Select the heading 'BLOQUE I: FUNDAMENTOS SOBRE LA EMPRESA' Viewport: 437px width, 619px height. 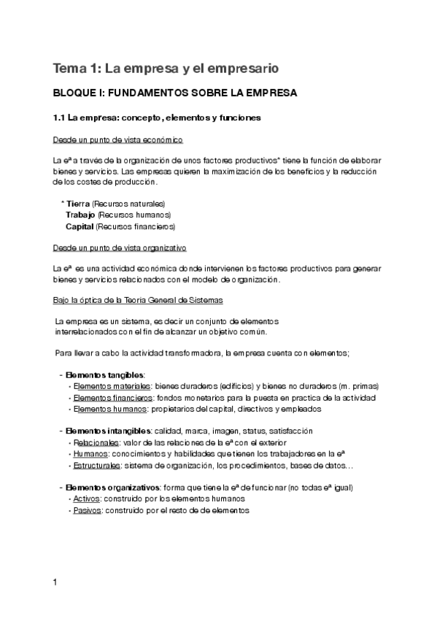175,93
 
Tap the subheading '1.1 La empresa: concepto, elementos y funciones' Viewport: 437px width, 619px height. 158,117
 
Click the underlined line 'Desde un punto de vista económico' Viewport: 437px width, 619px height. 117,139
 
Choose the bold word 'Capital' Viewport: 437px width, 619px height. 80,226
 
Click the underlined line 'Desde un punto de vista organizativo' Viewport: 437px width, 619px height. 120,247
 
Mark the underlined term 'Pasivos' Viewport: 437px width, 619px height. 88,510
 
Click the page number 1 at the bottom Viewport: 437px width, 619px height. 55,582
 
